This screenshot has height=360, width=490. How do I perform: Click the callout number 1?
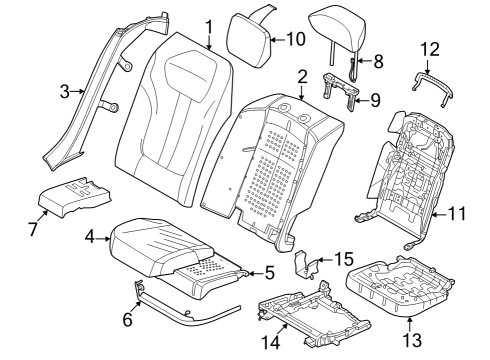209,26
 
